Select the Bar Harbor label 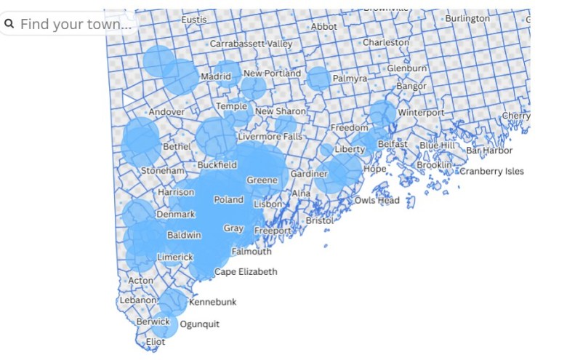pos(489,151)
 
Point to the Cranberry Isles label pos(491,172)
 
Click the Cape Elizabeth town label pos(246,272)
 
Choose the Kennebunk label pos(212,302)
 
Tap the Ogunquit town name pos(199,324)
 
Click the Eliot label pos(156,341)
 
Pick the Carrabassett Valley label pos(251,44)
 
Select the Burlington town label pos(467,17)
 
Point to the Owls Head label pos(377,200)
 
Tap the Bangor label pos(411,87)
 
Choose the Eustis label pos(194,19)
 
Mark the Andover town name pos(166,113)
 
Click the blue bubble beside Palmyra pos(318,78)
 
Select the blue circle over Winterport pos(382,113)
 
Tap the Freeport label pos(273,231)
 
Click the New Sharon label pos(280,111)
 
